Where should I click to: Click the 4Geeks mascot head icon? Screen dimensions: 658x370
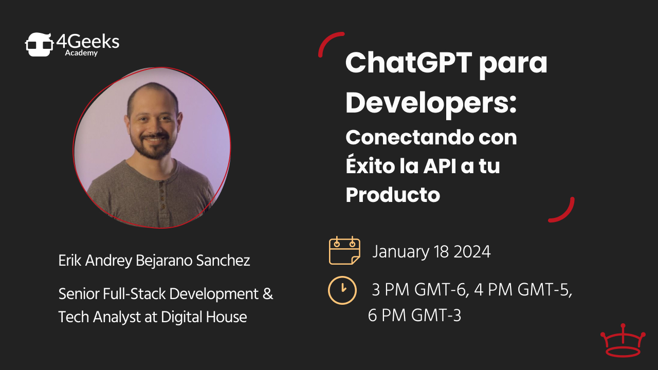[40, 44]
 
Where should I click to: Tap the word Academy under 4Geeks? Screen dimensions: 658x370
[81, 53]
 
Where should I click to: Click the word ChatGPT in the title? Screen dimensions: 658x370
[409, 63]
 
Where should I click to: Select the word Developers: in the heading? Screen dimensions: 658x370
[431, 103]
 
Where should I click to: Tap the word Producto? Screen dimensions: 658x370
[393, 195]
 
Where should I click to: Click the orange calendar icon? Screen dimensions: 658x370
[344, 250]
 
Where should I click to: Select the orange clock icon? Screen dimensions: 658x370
[342, 290]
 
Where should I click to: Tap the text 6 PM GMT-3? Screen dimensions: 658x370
[414, 316]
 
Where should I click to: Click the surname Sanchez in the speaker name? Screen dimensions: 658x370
[223, 261]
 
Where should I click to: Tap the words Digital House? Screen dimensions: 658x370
[204, 317]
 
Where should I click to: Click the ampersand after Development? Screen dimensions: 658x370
[268, 294]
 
